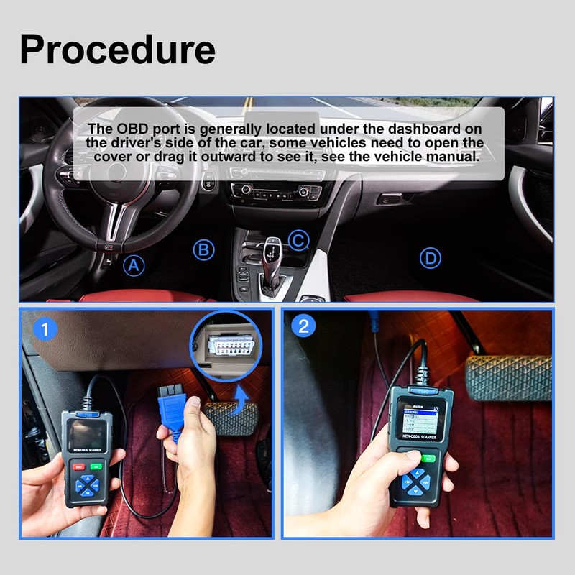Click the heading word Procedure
pos(117,49)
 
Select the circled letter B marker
pos(205,249)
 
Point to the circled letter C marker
pos(298,240)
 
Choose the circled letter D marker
pos(430,258)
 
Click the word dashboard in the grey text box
pos(424,129)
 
